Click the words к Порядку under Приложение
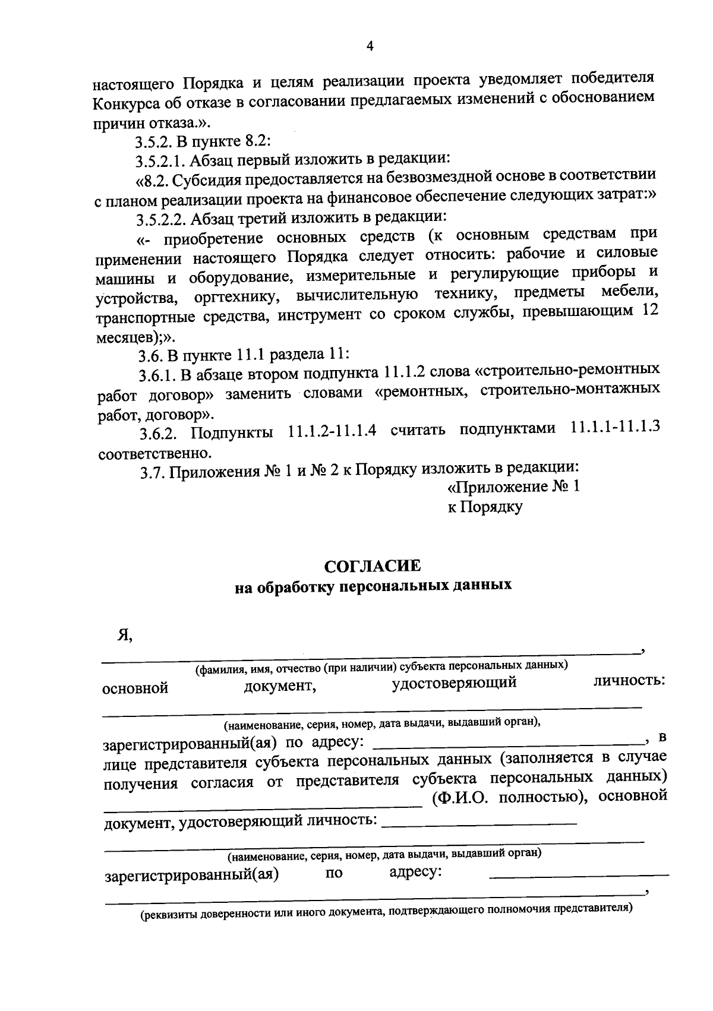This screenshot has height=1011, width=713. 485,507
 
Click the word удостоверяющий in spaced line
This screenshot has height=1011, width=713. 454,683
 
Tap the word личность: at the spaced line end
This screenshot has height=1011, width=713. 629,680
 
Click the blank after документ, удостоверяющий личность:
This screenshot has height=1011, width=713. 479,822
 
